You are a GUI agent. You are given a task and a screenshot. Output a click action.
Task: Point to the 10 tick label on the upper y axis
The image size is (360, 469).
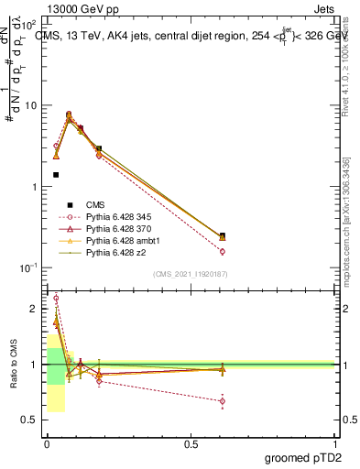(30, 105)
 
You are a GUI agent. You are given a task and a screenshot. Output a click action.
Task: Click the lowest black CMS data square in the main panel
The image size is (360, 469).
(56, 174)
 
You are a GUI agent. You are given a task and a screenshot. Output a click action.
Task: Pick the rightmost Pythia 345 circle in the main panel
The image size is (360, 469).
(223, 251)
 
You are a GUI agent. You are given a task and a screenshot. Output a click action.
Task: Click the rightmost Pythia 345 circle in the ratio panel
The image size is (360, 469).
(223, 401)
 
